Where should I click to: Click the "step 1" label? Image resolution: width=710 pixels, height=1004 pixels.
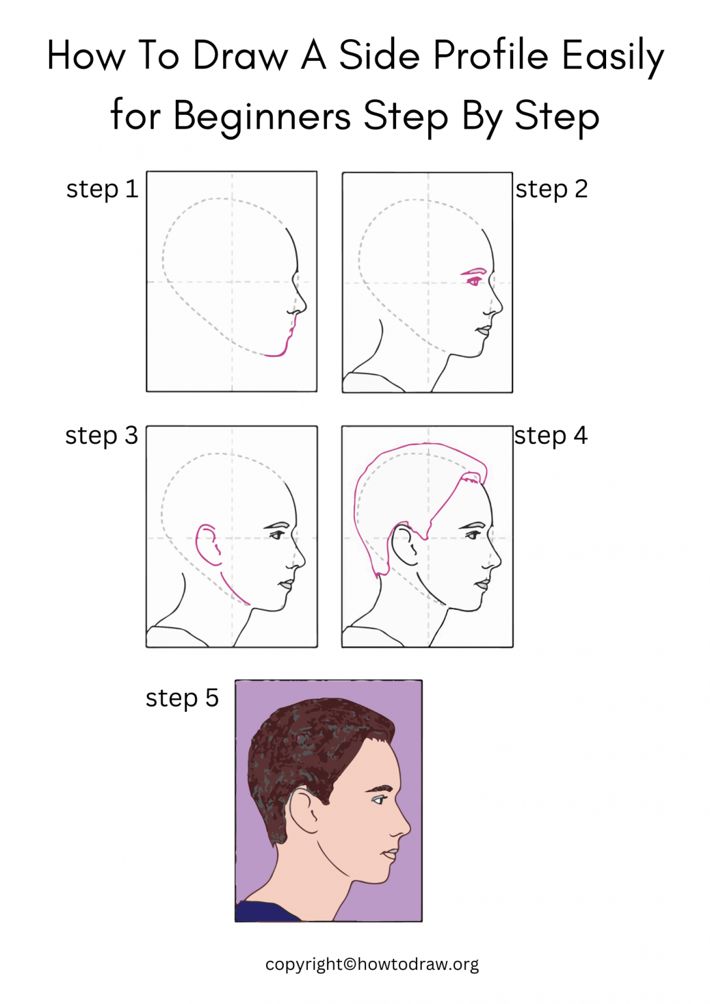102,190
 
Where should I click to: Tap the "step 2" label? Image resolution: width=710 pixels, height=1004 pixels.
551,190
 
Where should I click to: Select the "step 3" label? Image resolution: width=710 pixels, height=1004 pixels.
101,436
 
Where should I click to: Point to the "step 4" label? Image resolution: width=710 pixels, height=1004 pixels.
550,436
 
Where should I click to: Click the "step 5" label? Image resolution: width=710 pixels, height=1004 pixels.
182,698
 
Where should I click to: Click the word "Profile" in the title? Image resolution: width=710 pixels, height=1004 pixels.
490,56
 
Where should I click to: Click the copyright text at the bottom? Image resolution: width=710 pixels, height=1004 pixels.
372,964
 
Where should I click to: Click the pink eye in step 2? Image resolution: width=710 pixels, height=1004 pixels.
474,281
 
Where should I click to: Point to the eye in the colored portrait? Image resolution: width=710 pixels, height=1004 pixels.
379,799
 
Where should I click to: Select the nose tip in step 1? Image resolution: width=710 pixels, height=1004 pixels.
304,305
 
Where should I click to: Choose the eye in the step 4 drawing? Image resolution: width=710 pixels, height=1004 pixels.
472,535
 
